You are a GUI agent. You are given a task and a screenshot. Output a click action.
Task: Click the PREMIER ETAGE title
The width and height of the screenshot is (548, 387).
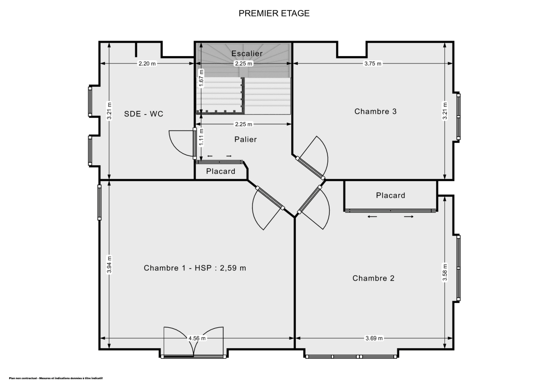pos(274,13)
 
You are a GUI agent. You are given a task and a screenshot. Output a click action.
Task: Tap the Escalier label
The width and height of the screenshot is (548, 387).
pos(247,53)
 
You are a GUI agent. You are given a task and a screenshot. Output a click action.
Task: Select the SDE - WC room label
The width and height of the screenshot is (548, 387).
pos(143,114)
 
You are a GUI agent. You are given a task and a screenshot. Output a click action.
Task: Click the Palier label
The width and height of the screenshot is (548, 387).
pos(246,139)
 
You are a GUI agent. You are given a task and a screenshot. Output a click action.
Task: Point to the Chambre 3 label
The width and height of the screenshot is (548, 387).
pos(375,111)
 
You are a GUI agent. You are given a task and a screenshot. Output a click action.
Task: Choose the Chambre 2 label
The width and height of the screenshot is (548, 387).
pos(373,278)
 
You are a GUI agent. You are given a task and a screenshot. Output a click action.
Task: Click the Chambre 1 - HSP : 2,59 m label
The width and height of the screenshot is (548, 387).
pos(195,268)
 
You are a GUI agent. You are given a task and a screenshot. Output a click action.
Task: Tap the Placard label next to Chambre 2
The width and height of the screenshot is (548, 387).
pos(390,195)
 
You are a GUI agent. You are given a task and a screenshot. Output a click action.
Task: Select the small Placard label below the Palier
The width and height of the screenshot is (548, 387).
pos(221,172)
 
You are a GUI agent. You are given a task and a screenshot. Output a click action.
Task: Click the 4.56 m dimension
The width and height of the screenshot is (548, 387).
pos(197,338)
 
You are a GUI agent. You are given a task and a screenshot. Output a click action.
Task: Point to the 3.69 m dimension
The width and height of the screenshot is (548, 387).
pos(374,338)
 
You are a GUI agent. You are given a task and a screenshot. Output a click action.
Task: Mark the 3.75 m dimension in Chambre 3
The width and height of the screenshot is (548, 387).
pos(373,64)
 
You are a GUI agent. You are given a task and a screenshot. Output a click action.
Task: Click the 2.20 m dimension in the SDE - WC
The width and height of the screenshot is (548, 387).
pos(147,64)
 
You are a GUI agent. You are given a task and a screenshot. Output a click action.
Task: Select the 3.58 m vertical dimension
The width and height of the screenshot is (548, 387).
pos(445,272)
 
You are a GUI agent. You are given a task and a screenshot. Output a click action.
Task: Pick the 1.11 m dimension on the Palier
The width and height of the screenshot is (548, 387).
pos(201,137)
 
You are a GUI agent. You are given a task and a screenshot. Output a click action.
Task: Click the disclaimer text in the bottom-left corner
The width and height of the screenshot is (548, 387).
pos(56,378)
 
